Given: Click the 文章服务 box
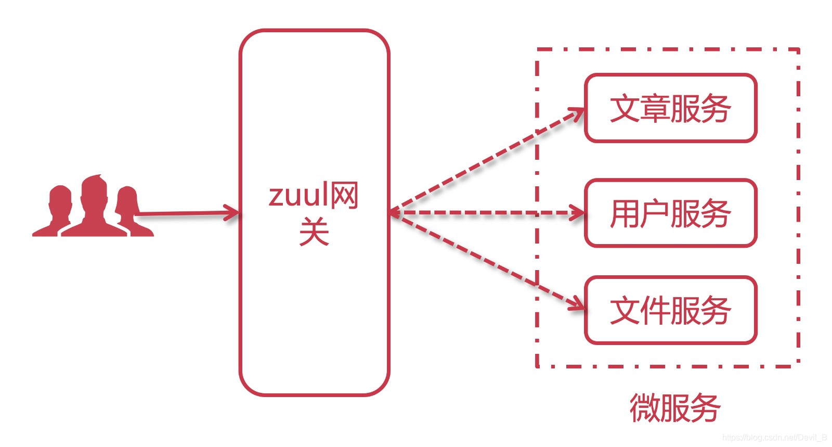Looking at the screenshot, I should pyautogui.click(x=670, y=108).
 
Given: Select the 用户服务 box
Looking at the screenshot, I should pyautogui.click(x=670, y=213).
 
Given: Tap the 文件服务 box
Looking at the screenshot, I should pyautogui.click(x=670, y=310).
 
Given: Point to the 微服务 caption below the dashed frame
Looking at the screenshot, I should pyautogui.click(x=674, y=408).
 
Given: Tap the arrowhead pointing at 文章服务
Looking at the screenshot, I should pyautogui.click(x=577, y=113).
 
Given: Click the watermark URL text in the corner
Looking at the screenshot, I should pyautogui.click(x=774, y=438).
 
